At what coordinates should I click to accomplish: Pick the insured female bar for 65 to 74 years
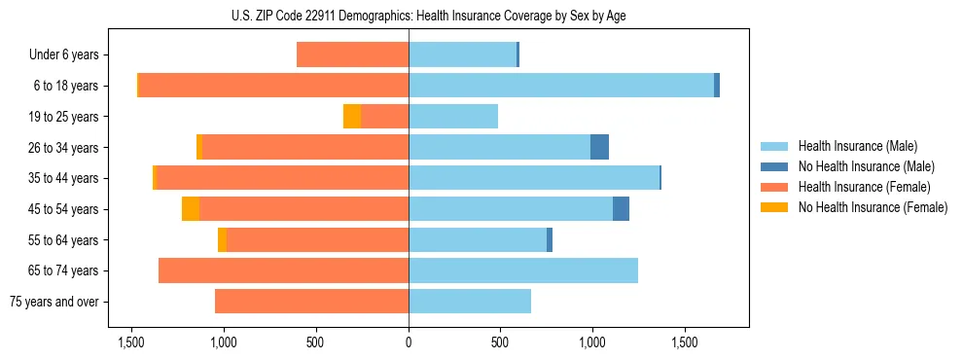point(283,270)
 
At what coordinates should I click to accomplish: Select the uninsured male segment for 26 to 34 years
point(599,147)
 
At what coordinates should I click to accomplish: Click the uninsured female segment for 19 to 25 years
point(352,117)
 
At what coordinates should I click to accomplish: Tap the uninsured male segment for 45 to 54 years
point(621,209)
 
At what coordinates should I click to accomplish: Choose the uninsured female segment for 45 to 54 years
point(191,209)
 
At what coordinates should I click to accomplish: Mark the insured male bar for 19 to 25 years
point(453,117)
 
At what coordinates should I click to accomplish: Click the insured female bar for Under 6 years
point(352,55)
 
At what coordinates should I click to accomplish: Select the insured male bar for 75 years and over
point(470,302)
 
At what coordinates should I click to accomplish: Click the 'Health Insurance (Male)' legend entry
point(857,146)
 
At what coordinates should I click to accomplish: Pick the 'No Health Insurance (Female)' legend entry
point(872,207)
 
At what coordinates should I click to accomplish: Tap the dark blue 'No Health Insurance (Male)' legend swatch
point(774,166)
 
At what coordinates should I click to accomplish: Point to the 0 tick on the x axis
point(409,342)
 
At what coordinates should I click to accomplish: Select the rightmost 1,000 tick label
point(592,342)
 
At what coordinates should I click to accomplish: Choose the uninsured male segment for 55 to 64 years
point(550,239)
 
